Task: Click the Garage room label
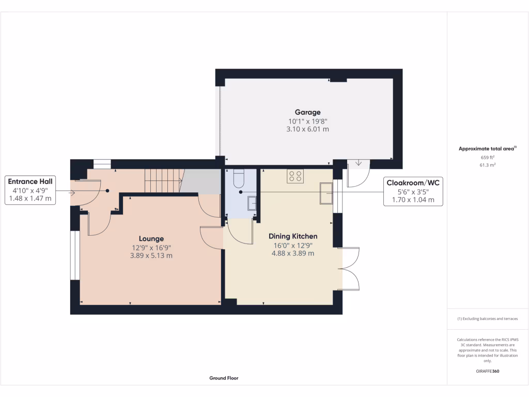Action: click(x=307, y=112)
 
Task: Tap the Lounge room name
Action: click(x=151, y=239)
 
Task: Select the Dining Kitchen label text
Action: click(x=293, y=236)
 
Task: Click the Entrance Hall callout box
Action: click(x=29, y=190)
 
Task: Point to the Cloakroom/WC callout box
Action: click(x=413, y=191)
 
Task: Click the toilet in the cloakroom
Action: click(x=238, y=178)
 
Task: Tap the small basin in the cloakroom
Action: click(x=252, y=203)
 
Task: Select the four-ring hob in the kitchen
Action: click(x=295, y=176)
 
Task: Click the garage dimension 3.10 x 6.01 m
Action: click(x=307, y=130)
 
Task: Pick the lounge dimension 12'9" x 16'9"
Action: click(x=151, y=248)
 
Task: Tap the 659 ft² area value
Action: click(x=488, y=157)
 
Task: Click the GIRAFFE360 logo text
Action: click(x=488, y=371)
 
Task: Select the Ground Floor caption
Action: click(x=224, y=378)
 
